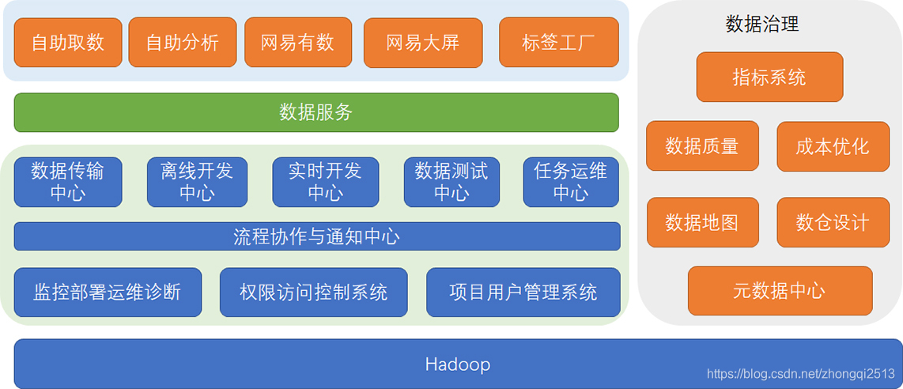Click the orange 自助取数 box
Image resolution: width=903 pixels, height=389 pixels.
coord(68,43)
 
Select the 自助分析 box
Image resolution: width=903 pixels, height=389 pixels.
coord(182,43)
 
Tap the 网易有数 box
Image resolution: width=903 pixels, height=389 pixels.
coord(297,43)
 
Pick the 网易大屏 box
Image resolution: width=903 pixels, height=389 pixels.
coord(422,43)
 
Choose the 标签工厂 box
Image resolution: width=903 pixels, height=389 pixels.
coord(558,43)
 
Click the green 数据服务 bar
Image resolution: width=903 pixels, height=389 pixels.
coord(316,112)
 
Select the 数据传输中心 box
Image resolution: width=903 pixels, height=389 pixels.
coord(68,182)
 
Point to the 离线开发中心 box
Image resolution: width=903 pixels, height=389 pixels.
coord(197,182)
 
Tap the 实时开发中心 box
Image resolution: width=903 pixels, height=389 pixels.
coord(325,182)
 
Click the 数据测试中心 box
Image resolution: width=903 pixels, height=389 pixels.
coord(451,182)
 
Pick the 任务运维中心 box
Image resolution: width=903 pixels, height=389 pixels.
coord(570,182)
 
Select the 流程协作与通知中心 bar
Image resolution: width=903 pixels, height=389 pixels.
coord(316,236)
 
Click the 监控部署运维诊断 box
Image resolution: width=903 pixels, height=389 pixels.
coord(108,293)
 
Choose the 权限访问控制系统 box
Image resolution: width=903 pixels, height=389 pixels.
coord(313,293)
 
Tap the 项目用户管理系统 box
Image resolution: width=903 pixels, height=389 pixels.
coord(523,293)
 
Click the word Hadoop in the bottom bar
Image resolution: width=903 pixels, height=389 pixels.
coord(457,364)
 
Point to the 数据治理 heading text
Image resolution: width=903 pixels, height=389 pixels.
coord(761,24)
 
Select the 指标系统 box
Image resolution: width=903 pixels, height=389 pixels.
coord(769,77)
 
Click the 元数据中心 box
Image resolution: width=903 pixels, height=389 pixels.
coord(780,291)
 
